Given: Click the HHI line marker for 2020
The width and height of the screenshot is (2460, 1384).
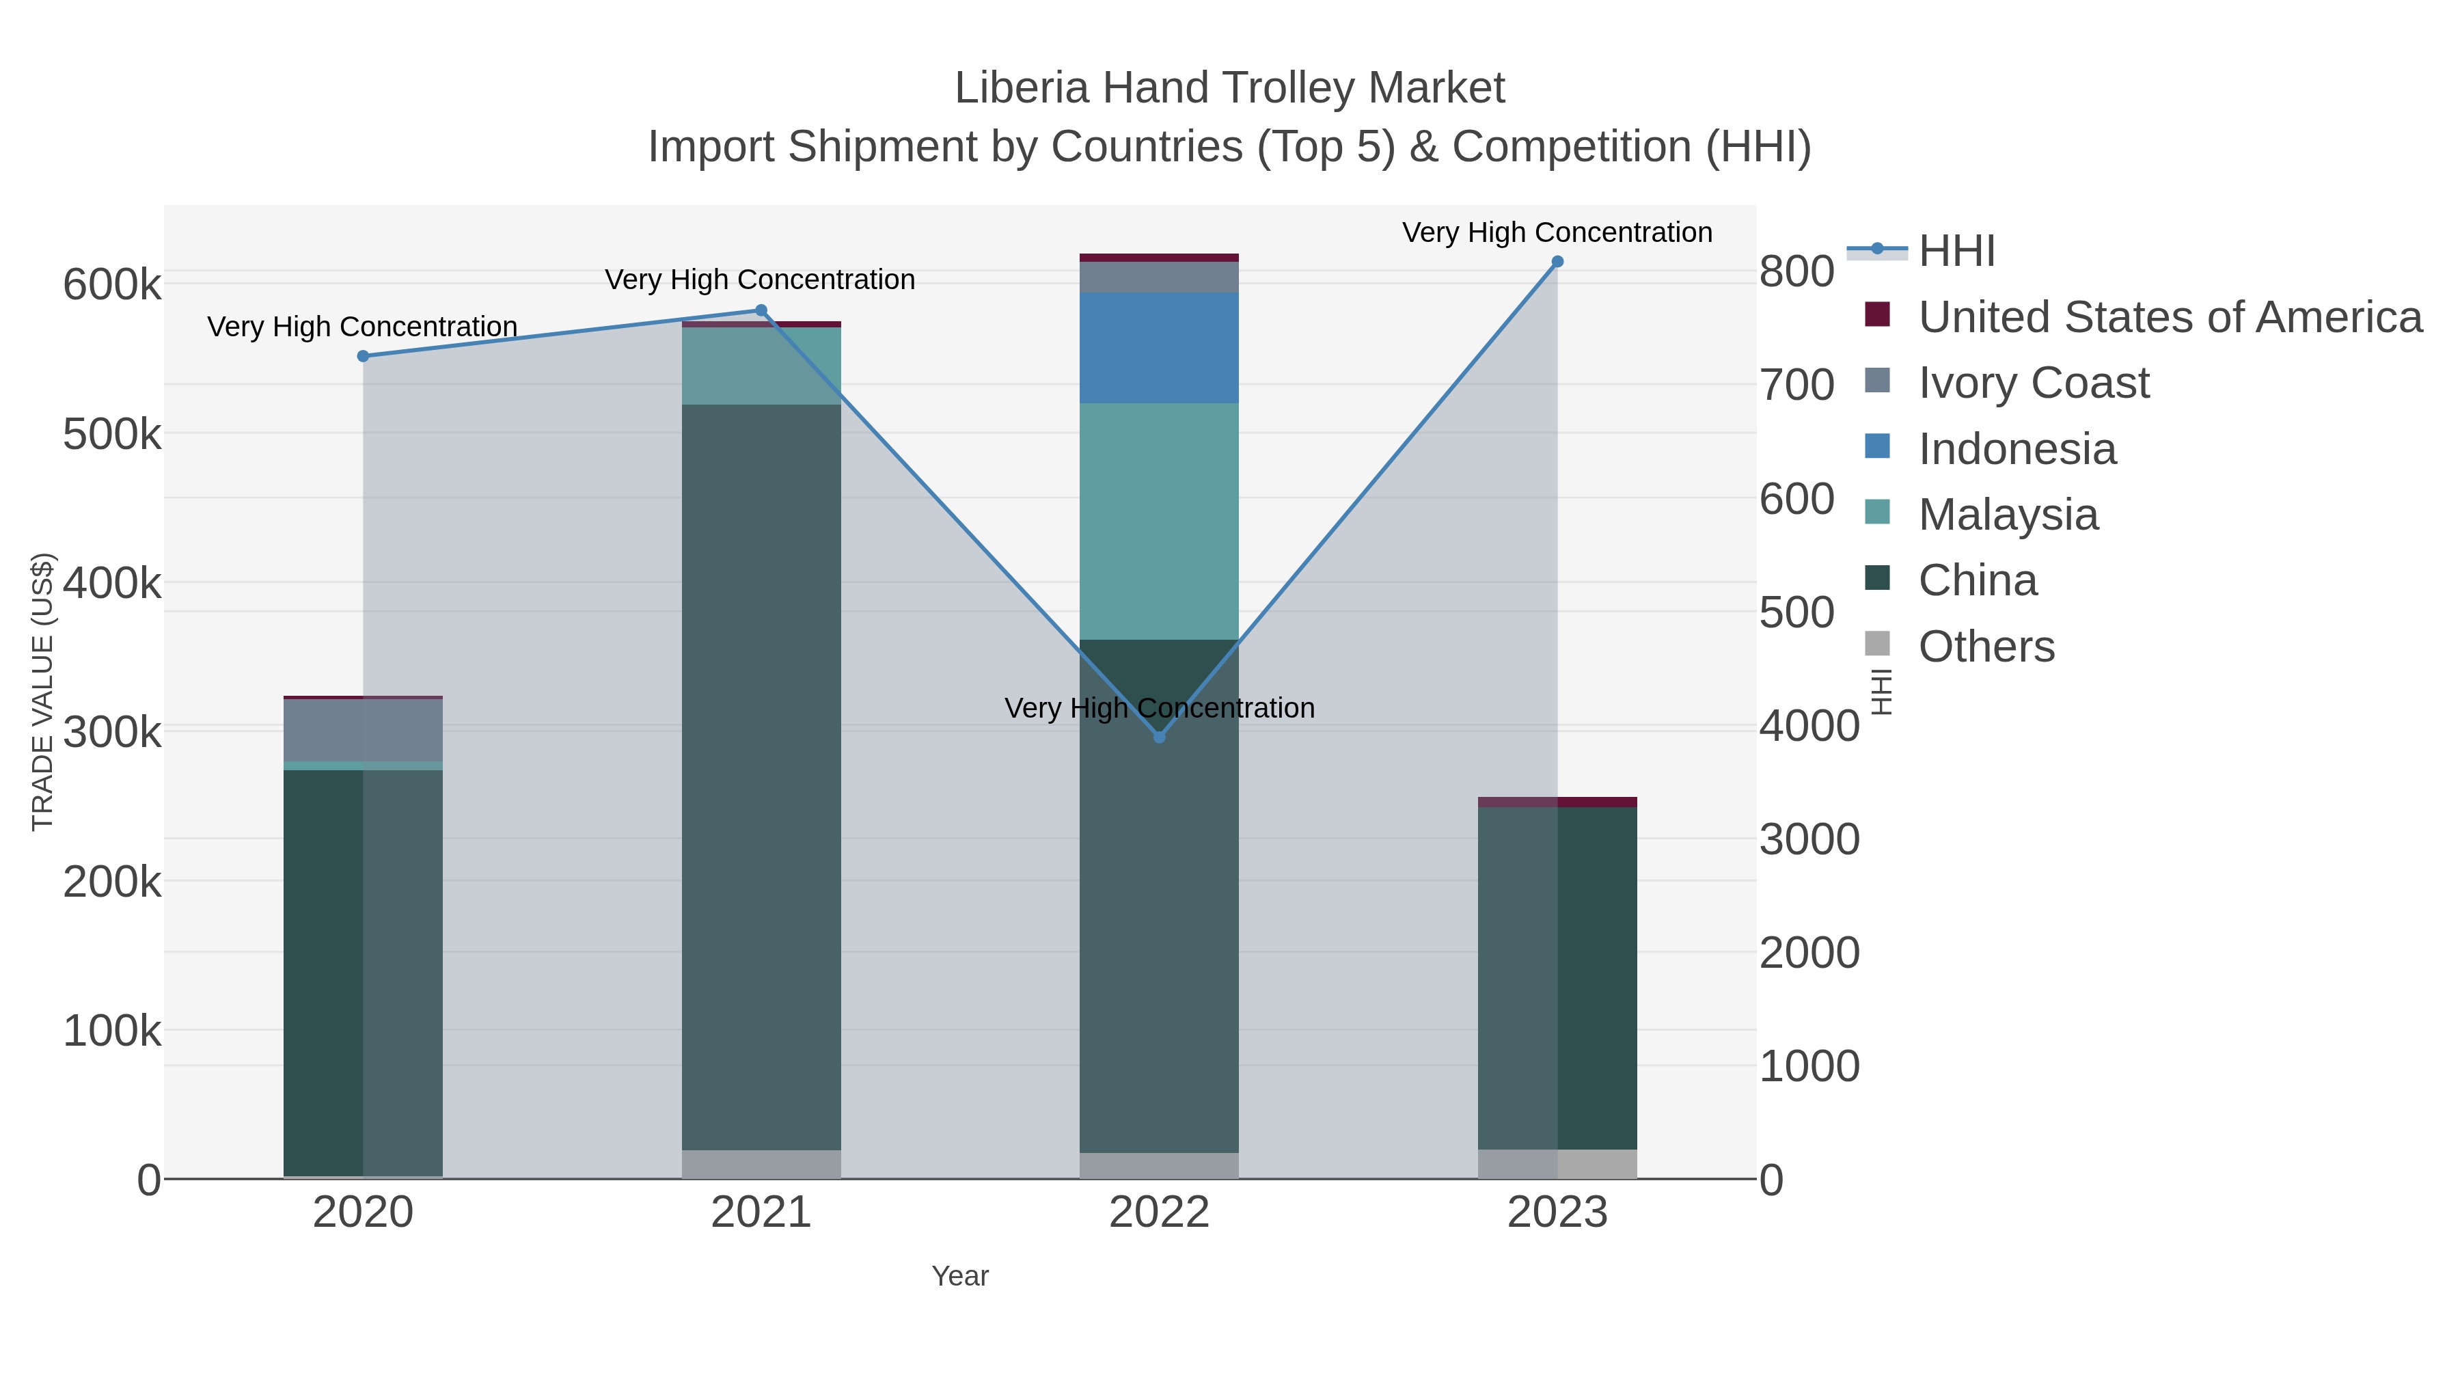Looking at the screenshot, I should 363,356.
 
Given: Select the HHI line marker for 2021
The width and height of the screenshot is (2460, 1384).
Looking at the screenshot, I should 761,310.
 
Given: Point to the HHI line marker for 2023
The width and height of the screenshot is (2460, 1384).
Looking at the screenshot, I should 1557,262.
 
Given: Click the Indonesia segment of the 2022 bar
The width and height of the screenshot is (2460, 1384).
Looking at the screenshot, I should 1160,348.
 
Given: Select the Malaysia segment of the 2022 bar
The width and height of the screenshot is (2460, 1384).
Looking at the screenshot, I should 1160,521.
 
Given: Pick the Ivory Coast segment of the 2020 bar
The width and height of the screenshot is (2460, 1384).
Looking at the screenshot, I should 363,731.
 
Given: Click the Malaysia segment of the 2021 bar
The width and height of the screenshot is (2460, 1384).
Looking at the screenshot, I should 761,366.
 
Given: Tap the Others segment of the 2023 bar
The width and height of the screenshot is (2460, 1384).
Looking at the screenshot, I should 1557,1163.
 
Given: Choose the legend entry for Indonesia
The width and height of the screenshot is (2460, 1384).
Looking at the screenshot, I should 2017,449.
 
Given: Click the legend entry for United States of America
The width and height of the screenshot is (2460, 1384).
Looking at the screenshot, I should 2170,317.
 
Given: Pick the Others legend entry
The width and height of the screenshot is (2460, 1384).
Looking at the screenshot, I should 1986,647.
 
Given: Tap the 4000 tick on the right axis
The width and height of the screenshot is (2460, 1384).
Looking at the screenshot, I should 1809,726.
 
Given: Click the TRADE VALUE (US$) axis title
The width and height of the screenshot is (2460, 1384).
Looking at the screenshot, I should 43,692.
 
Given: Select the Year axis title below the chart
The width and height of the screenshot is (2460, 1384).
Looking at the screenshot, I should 960,1276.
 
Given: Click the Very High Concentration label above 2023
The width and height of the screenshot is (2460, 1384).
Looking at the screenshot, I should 1557,232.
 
